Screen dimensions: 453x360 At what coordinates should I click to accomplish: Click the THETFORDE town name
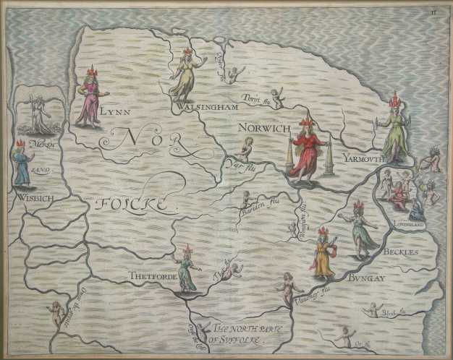pos(151,275)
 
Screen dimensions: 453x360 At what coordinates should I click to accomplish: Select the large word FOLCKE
pos(135,205)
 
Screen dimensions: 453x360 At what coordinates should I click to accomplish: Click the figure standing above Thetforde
pos(187,268)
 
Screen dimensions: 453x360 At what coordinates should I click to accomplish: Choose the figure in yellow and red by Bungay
pos(323,254)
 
